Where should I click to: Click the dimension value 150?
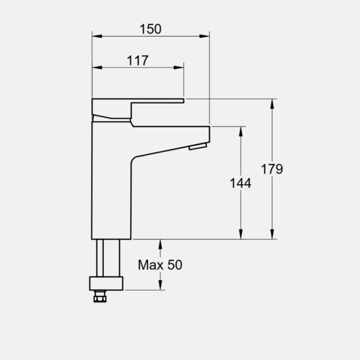[x=151, y=29]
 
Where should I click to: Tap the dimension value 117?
[x=137, y=61]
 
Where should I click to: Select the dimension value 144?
[x=241, y=183]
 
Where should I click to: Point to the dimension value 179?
[x=272, y=169]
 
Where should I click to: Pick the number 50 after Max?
[x=175, y=265]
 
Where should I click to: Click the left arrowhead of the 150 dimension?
[x=97, y=36]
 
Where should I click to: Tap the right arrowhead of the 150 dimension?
[x=205, y=36]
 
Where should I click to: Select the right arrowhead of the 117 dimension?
[x=179, y=67]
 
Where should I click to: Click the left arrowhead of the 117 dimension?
[x=97, y=67]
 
